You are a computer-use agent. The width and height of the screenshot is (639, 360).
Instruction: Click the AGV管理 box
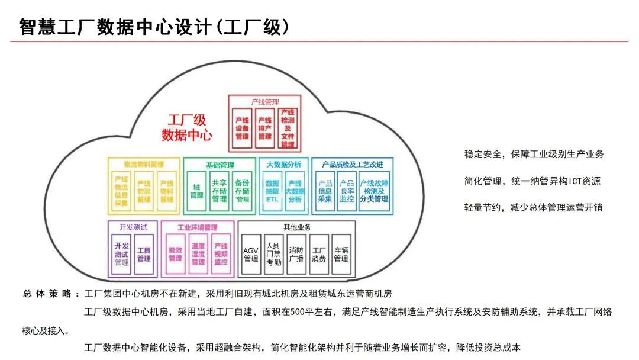251,254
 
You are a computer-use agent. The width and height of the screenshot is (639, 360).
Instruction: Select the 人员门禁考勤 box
273,254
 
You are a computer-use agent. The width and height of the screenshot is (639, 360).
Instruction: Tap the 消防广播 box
296,254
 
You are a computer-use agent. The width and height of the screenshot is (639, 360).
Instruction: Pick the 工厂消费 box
319,254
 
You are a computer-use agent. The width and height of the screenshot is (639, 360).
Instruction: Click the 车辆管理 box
341,254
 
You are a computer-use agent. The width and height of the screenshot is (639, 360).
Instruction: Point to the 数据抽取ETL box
272,191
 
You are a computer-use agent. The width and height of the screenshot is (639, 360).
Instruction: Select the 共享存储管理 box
220,191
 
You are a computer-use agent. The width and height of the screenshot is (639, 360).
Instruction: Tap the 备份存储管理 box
242,191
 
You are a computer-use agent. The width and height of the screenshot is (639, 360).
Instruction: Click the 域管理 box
196,191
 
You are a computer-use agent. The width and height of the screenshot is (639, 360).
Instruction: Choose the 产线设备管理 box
242,128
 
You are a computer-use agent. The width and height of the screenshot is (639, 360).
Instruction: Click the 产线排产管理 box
264,128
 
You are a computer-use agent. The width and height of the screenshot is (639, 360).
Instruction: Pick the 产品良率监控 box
347,191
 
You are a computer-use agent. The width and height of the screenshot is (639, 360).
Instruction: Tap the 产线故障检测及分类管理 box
374,191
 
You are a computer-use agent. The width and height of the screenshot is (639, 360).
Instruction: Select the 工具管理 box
144,254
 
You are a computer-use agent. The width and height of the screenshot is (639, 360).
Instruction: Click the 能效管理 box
176,254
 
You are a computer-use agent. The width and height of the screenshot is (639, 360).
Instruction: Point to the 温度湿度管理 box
198,254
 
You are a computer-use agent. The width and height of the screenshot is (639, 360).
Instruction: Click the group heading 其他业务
297,227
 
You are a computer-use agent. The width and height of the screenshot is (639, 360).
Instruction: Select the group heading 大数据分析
283,164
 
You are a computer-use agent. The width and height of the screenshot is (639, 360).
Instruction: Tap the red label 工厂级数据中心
187,128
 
